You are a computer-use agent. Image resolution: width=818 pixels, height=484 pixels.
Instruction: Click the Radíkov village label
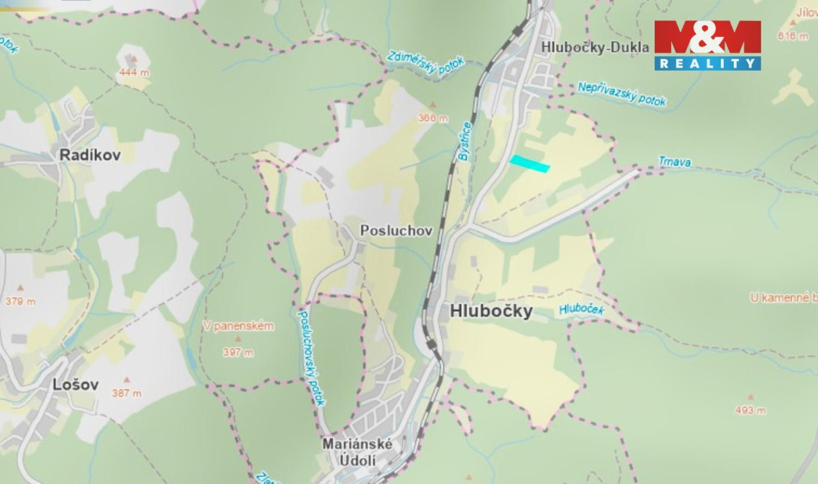point(90,156)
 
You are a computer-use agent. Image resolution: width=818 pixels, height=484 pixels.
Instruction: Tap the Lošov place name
point(75,385)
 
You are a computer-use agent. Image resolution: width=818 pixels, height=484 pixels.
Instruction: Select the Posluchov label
point(396,231)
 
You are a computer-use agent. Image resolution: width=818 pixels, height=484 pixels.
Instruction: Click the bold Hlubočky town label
point(491,311)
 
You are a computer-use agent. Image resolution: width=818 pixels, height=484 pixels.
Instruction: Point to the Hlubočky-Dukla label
point(595,47)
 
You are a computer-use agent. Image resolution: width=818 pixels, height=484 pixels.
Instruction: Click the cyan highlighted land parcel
point(530,164)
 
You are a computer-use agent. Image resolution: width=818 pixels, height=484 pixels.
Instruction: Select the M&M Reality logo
point(707,45)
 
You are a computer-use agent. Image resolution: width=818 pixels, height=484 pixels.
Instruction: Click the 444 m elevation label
point(134,73)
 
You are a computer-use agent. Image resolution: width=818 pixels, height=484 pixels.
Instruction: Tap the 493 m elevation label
point(750,410)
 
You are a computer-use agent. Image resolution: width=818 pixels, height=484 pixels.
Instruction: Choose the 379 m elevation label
point(20,301)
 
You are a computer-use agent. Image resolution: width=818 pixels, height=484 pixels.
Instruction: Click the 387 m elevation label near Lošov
point(127,393)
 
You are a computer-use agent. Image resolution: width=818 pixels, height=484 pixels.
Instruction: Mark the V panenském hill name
point(238,326)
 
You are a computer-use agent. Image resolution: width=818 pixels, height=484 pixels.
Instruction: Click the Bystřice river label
point(464,142)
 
